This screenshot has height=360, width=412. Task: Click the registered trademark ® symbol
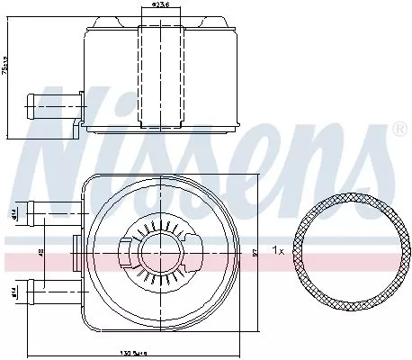click(399, 130)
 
